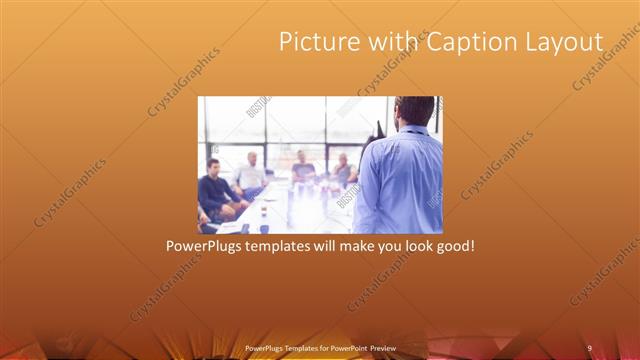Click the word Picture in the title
pyautogui.click(x=312, y=42)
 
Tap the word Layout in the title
pyautogui.click(x=567, y=42)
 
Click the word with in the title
pyautogui.click(x=390, y=42)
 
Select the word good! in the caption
pyautogui.click(x=452, y=246)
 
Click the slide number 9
pyautogui.click(x=589, y=348)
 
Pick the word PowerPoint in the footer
pyautogui.click(x=346, y=348)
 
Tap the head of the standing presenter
pyautogui.click(x=414, y=111)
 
